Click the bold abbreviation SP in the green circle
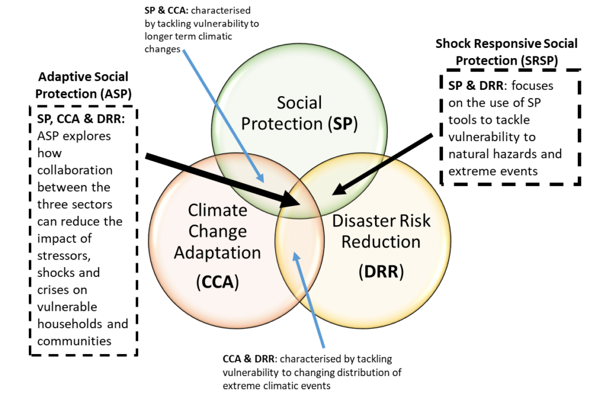342,124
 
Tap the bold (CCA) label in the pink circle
217,282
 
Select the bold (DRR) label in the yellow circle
381,272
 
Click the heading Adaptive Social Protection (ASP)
83,85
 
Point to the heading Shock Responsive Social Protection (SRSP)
506,52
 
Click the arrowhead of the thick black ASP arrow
292,199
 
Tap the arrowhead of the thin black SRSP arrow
339,189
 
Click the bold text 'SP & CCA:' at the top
166,10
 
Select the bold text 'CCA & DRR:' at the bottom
250,359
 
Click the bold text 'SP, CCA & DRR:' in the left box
81,119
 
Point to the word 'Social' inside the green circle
300,102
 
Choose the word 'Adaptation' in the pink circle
217,253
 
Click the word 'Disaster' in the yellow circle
360,221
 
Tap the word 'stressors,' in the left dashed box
64,256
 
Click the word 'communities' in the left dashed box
74,341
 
